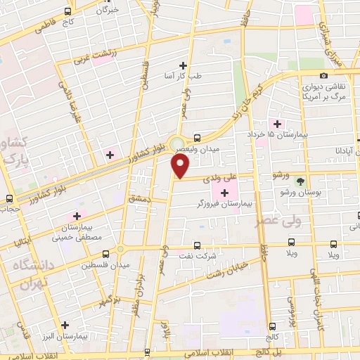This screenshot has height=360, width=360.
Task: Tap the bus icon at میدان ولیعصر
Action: tap(197, 139)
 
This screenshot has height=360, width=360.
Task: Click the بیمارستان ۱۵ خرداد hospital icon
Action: tap(278, 123)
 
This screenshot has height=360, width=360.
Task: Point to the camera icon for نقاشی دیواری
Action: tap(323, 75)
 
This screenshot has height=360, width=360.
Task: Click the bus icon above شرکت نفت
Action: tap(197, 245)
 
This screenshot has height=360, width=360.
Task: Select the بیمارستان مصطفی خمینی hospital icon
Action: tap(76, 216)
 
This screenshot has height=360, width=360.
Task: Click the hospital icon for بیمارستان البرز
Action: tap(65, 325)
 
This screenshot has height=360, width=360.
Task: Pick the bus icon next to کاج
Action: tap(68, 12)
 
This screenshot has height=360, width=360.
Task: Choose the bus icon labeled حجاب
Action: tap(9, 199)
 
